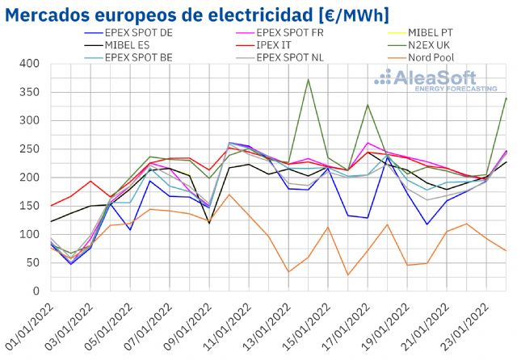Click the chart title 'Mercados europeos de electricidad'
(199, 15)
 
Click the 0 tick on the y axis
(35, 291)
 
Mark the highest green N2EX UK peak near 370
(309, 79)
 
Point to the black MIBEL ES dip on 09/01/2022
(209, 223)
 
